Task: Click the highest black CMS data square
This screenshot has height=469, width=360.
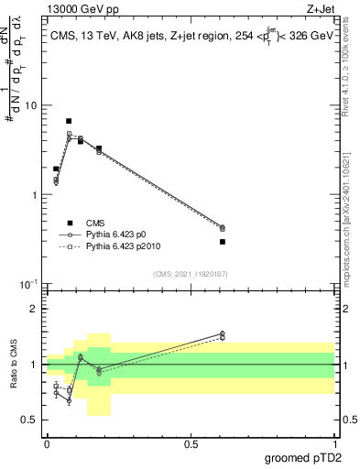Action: tap(69, 121)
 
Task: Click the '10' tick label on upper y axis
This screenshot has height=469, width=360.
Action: tap(29, 105)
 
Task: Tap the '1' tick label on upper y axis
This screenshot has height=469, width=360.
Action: tap(33, 195)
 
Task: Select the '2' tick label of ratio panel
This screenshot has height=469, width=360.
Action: tap(33, 309)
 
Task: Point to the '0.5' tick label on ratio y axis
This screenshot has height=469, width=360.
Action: tap(28, 420)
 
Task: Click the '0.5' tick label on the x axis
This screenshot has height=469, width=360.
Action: tap(191, 443)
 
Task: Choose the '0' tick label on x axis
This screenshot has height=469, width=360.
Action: tap(46, 443)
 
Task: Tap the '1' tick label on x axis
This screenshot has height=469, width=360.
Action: tap(335, 443)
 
